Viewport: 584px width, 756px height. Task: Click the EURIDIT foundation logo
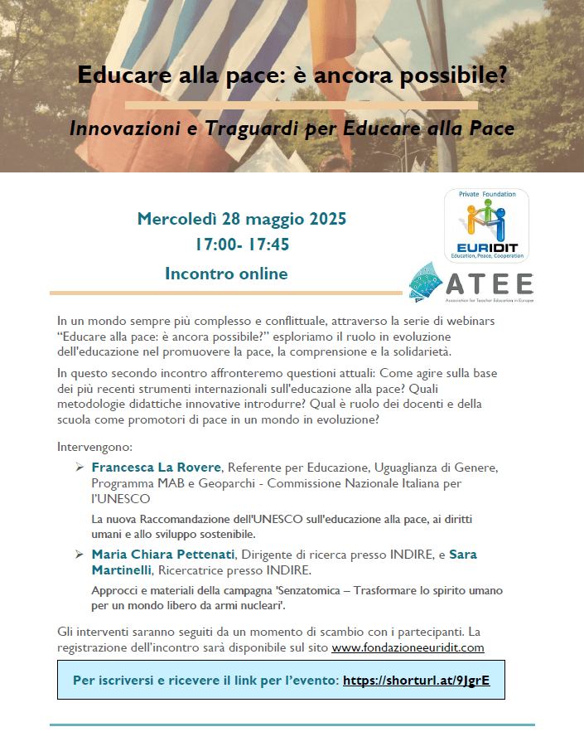coord(486,226)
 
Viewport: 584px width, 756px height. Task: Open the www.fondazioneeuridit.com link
coord(408,647)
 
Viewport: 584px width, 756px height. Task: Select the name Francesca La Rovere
coord(157,468)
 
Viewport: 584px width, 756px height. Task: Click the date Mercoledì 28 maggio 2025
coord(241,220)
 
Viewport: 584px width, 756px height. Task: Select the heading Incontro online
coord(226,274)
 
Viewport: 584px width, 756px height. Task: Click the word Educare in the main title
coord(115,75)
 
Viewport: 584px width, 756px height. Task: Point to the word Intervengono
coord(94,447)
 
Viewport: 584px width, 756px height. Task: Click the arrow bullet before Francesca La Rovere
coord(80,468)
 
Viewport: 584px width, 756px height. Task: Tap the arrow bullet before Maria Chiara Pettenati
coord(80,554)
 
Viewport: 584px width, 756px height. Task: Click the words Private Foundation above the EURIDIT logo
coord(486,194)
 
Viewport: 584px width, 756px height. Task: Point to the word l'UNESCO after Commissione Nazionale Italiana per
coord(120,498)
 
